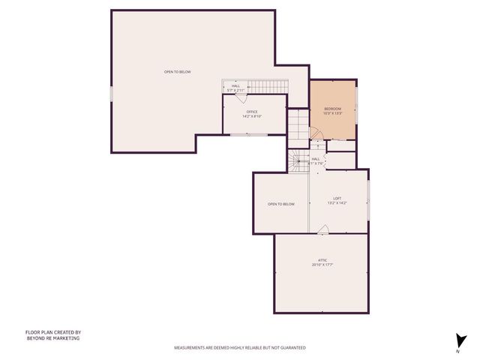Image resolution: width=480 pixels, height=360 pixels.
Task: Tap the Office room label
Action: coord(251,112)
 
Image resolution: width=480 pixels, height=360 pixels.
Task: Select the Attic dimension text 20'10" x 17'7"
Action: coord(322,264)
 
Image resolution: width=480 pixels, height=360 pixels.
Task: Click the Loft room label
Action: coord(337,199)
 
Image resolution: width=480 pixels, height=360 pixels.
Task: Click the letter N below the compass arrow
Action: coord(458,351)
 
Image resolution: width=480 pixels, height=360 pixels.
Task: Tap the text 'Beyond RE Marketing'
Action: coord(52,338)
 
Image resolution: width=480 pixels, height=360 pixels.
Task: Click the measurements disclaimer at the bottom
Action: coord(239,348)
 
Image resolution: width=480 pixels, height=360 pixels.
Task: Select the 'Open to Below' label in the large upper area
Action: coord(178,72)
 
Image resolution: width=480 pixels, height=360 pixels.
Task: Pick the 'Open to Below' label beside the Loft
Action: coord(281,204)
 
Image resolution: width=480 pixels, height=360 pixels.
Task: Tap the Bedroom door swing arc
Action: coord(317,133)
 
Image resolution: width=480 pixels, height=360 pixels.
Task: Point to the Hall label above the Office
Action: coord(236,86)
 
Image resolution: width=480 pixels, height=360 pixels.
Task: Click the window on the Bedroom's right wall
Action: coord(356,109)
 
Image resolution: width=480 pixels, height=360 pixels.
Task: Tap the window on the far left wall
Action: coord(112,94)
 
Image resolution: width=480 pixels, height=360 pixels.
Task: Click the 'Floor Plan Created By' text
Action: coord(53,332)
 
